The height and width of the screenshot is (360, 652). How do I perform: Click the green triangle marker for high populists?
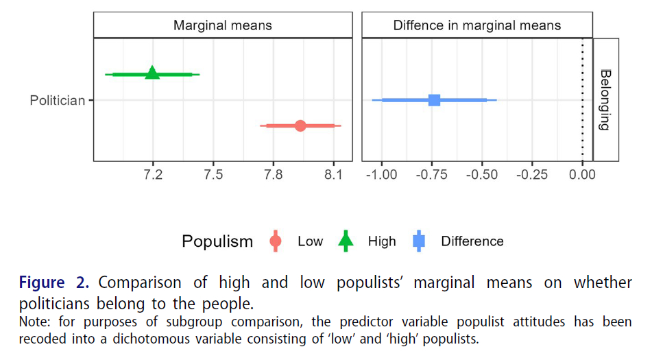point(152,73)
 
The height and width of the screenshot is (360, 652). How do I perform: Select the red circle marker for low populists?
point(300,125)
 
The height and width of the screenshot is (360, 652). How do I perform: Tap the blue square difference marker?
point(434,100)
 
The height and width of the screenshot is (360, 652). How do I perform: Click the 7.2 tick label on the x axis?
point(153,174)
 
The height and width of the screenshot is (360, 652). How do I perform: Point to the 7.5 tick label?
point(213,174)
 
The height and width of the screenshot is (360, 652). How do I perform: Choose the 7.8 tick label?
point(273,174)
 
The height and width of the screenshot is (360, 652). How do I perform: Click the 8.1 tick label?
point(333,174)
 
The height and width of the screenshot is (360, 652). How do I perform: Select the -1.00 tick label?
point(381,174)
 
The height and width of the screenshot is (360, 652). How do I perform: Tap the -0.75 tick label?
point(433,174)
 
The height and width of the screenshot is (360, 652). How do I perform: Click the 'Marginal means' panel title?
point(222,26)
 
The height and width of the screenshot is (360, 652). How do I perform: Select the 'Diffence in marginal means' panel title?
point(476,26)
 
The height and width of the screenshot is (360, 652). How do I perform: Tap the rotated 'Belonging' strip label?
point(605,100)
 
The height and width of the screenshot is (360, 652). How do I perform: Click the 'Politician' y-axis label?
point(58,101)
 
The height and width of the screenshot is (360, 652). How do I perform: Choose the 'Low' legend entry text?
point(310,241)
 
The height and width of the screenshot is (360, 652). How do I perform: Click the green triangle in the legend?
point(346,241)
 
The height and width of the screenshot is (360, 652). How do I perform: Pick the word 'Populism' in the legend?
point(217,241)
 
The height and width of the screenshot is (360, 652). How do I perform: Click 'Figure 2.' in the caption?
point(54,283)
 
